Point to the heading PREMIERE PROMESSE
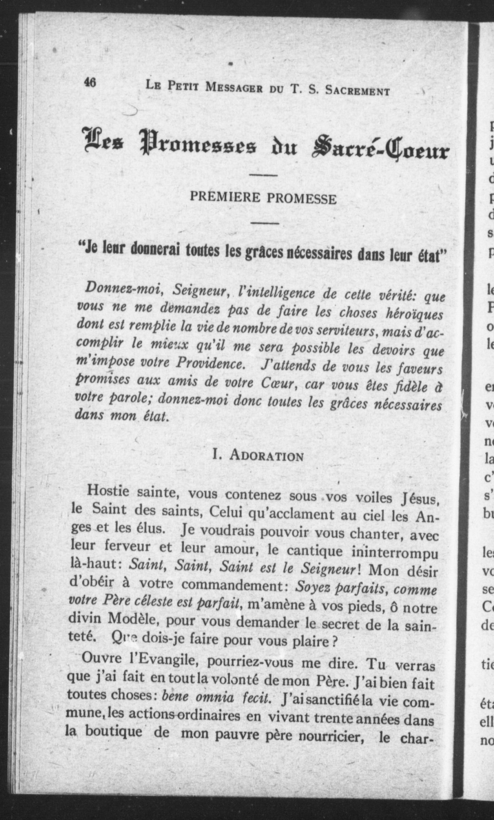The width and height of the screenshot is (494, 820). (263, 198)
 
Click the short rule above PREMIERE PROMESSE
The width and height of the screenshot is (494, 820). (263, 175)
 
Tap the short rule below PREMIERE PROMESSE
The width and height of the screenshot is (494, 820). (265, 223)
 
